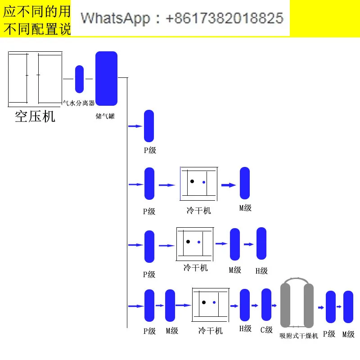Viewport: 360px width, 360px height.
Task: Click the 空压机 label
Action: coord(35,117)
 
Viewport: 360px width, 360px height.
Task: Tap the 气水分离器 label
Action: coord(78,103)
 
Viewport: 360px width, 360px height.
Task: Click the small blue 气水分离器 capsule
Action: coord(79,79)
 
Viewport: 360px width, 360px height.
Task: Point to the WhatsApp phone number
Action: coord(182,18)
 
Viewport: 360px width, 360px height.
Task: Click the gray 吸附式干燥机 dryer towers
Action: coord(297,305)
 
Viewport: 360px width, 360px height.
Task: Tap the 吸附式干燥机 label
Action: coord(299,336)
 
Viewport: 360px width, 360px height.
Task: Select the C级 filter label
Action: coord(266,330)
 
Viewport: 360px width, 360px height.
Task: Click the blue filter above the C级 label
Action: coord(267,305)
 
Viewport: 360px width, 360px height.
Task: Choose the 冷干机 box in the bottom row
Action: coord(210,305)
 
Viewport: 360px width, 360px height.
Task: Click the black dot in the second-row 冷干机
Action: coord(192,181)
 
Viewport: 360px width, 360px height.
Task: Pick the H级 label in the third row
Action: coord(261,271)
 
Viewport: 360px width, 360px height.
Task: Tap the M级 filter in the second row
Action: coord(245,183)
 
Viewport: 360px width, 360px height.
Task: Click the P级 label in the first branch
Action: coord(150,150)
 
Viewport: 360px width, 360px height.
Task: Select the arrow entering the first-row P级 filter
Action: coord(135,126)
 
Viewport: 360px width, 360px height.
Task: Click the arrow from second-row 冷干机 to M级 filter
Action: coord(229,184)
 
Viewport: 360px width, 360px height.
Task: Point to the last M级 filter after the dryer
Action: coord(348,307)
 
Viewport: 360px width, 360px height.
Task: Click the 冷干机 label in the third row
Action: coord(195,268)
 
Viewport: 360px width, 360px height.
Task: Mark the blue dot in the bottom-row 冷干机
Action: coord(214,302)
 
